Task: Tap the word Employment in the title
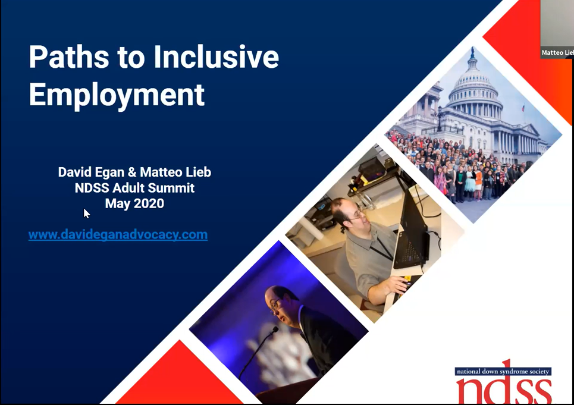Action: click(117, 95)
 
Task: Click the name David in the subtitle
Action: click(74, 172)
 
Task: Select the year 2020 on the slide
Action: click(147, 203)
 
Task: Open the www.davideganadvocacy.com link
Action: click(118, 234)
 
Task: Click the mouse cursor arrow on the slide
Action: click(86, 213)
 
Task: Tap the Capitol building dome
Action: click(473, 83)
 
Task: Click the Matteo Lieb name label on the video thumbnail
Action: click(557, 53)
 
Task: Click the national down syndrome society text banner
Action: click(503, 371)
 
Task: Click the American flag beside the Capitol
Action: click(523, 109)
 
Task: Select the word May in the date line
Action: click(117, 203)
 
